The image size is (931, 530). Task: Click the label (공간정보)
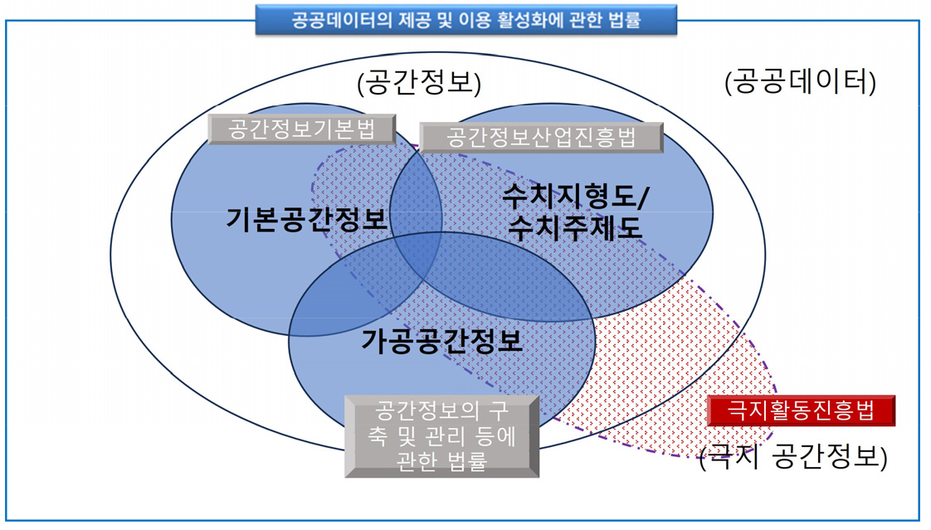(x=419, y=82)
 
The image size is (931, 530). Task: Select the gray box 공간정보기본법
(x=300, y=129)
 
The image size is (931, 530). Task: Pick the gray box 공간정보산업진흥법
(x=541, y=138)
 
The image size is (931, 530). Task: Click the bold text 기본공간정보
(x=307, y=220)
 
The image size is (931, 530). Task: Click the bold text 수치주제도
(x=575, y=226)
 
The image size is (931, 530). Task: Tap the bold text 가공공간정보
(x=442, y=340)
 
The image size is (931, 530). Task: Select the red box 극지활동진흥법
(x=801, y=410)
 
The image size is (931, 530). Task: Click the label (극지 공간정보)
(x=793, y=457)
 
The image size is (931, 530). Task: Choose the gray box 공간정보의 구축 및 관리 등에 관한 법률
(x=441, y=436)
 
